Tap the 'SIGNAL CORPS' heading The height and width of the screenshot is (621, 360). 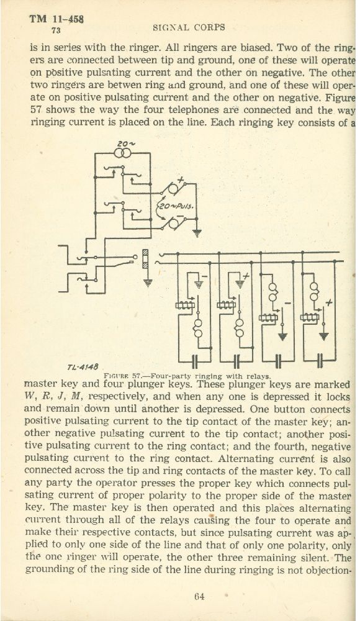pyautogui.click(x=189, y=27)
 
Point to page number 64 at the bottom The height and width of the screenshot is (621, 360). pyautogui.click(x=199, y=596)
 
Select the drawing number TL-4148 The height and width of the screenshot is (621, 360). pyautogui.click(x=83, y=367)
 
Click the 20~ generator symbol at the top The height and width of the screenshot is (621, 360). pyautogui.click(x=123, y=153)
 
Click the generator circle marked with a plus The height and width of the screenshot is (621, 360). pyautogui.click(x=173, y=189)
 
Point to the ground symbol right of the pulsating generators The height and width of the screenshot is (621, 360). pyautogui.click(x=196, y=233)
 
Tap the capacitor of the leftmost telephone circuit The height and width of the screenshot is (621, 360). pyautogui.click(x=194, y=361)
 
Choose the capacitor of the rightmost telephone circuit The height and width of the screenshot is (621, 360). pyautogui.click(x=320, y=361)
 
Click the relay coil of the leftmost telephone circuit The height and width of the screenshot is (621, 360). pyautogui.click(x=184, y=305)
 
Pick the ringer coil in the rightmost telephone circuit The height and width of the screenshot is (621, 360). pyautogui.click(x=314, y=291)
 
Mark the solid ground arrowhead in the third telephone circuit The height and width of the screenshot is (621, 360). pyautogui.click(x=282, y=337)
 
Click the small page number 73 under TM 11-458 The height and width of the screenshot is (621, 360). pyautogui.click(x=56, y=30)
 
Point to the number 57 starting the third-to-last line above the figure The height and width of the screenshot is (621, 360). pyautogui.click(x=36, y=110)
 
